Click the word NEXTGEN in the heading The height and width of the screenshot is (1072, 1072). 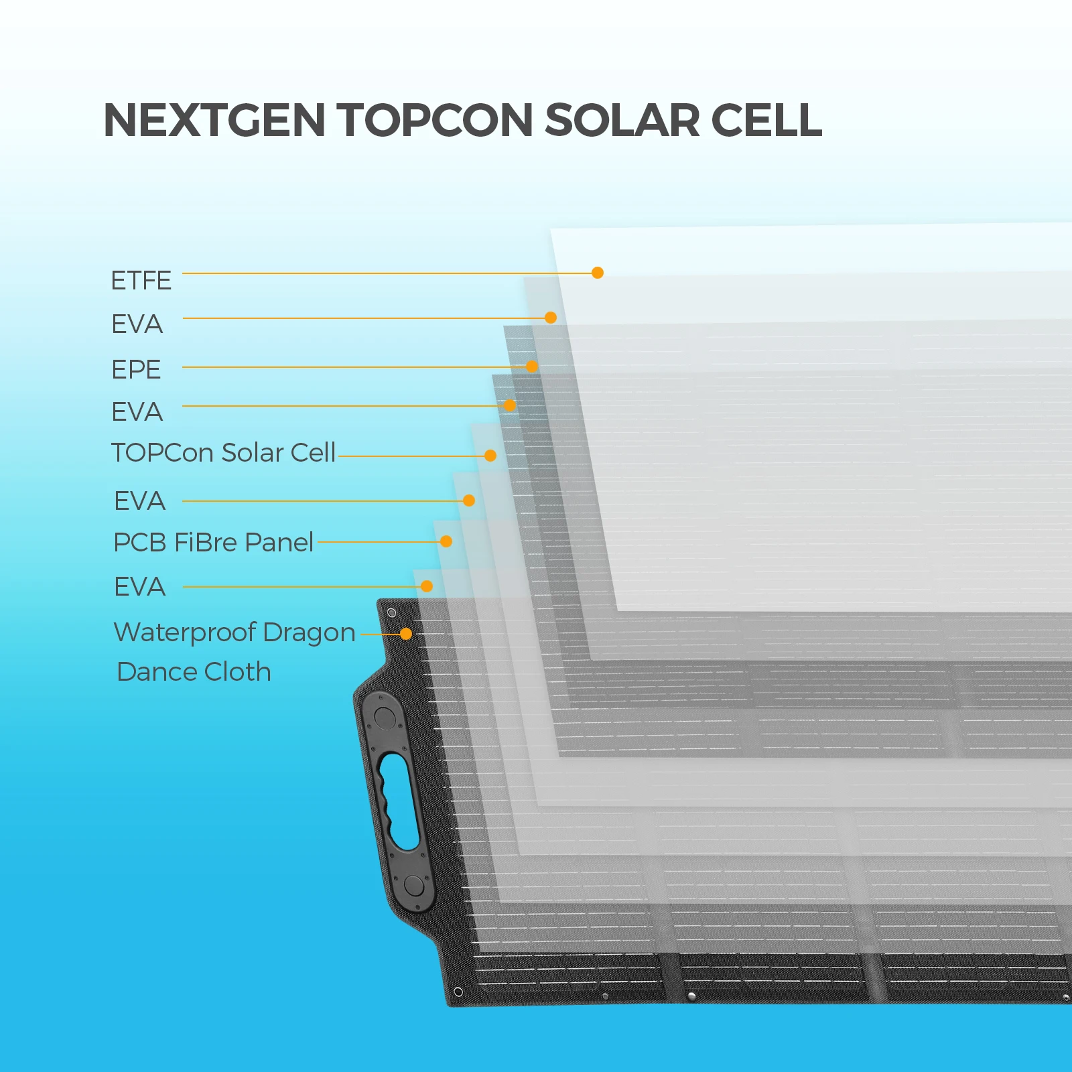pos(214,121)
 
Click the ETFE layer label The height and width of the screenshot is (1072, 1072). pos(141,280)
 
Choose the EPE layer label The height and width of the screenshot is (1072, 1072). pos(136,369)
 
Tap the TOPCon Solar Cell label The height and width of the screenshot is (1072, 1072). pos(223,453)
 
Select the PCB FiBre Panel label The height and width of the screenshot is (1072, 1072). pos(213,542)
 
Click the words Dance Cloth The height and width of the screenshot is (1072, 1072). pos(194,671)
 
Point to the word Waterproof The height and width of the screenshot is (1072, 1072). pos(185,632)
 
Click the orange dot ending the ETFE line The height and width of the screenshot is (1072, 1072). pos(598,273)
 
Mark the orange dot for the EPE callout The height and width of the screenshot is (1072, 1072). pos(532,366)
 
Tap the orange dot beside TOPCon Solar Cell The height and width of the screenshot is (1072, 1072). pos(490,456)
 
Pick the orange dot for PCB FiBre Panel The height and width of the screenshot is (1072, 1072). pos(446,541)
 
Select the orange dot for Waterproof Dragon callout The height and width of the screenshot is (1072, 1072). pos(406,634)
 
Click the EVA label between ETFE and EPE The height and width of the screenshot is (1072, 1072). pos(137,324)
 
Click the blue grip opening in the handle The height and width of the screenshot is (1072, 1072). pos(399,801)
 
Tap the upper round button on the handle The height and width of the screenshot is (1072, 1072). pos(385,718)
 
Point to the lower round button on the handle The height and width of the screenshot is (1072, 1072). pos(414,886)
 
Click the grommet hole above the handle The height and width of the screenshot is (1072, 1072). pos(392,613)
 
